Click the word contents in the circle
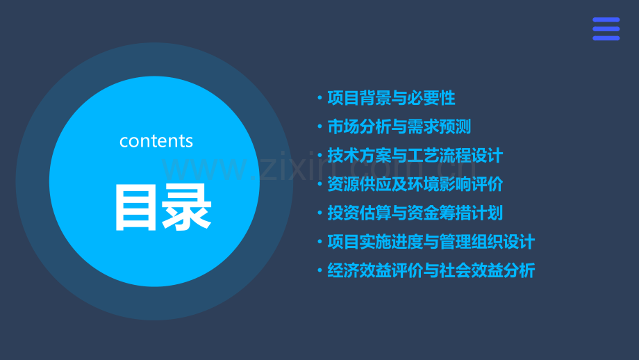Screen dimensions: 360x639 click(x=156, y=141)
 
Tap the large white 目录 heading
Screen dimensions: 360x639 click(x=163, y=206)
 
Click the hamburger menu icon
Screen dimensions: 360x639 click(x=606, y=29)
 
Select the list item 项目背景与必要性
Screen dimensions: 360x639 click(x=391, y=99)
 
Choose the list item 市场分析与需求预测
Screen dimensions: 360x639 click(x=399, y=127)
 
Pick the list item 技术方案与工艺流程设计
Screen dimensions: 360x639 click(x=415, y=156)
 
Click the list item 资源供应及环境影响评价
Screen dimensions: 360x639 click(x=415, y=185)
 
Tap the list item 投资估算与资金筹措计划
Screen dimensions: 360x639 click(x=415, y=213)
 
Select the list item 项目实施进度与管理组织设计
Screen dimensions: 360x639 click(x=431, y=242)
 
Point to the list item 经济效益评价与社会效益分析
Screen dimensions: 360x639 click(x=431, y=271)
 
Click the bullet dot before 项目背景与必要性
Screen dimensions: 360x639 click(x=319, y=99)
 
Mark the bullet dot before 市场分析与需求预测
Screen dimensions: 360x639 click(x=319, y=127)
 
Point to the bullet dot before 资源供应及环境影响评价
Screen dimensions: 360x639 click(x=319, y=185)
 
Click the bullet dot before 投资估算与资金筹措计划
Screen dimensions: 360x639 click(x=319, y=213)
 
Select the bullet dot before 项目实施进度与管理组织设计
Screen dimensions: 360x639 click(x=319, y=243)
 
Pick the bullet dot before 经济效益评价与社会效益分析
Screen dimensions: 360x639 click(x=319, y=271)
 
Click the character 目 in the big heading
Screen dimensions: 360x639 click(x=137, y=206)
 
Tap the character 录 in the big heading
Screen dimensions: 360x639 click(x=187, y=206)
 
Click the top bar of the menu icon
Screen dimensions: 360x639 click(x=606, y=21)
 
